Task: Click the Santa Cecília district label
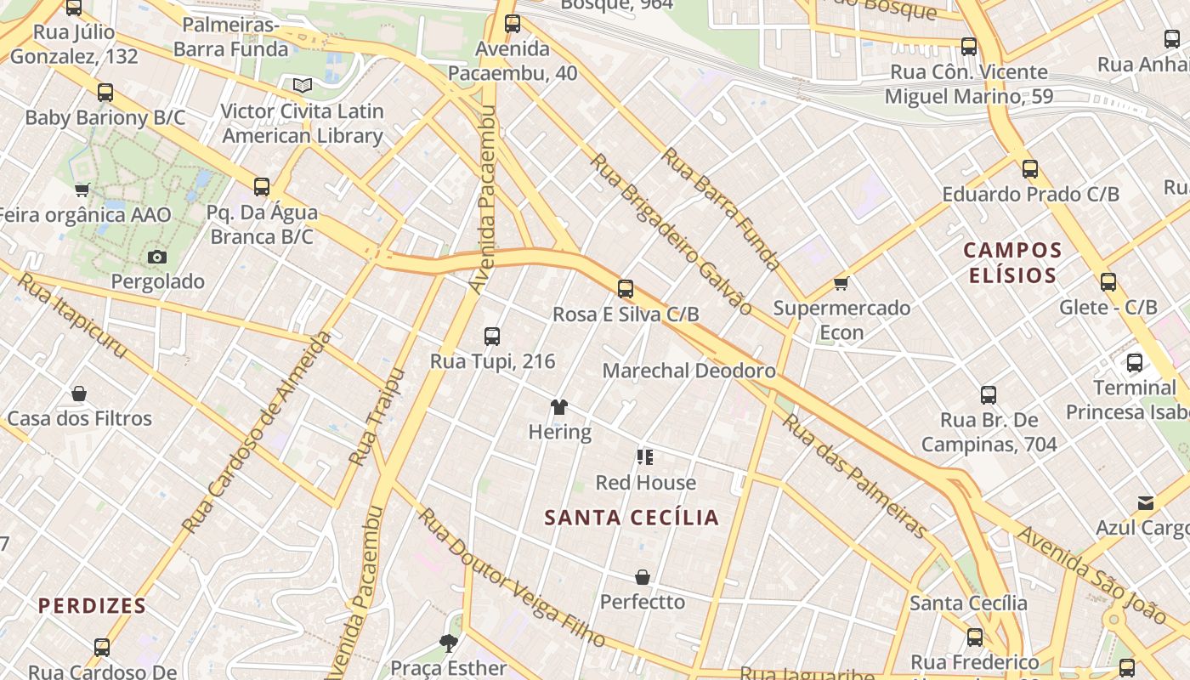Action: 632,518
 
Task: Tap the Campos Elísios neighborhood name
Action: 1012,263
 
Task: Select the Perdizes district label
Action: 92,606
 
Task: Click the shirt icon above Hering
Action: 558,407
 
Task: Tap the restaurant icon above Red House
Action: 645,458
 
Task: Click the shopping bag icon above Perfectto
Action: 643,577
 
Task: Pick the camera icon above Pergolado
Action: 157,257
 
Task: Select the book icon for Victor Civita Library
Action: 303,85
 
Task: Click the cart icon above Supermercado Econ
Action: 841,283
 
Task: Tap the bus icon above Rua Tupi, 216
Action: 492,337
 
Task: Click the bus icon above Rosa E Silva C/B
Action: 626,289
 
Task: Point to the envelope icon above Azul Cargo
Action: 1146,503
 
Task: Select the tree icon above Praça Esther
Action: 448,643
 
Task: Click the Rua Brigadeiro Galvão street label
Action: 671,234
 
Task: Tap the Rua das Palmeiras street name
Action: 854,476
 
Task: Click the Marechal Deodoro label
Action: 688,371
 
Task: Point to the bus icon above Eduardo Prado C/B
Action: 1030,169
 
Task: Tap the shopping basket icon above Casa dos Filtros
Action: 79,394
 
